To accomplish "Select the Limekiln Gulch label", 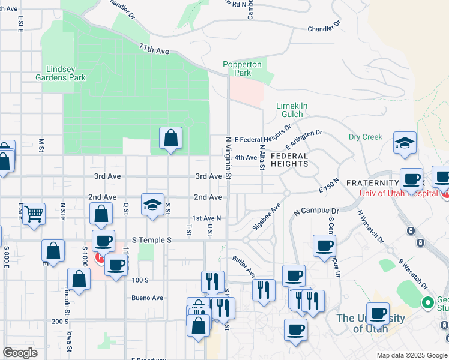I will [x=292, y=110].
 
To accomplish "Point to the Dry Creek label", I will [x=365, y=137].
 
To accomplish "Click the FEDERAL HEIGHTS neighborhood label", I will [x=289, y=160].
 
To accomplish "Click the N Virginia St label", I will [x=228, y=157].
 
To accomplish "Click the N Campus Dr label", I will [x=316, y=212].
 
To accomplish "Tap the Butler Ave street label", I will [x=244, y=263].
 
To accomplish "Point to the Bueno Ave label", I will [x=148, y=298].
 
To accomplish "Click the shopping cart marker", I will [x=34, y=212].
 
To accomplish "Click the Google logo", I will [x=20, y=353].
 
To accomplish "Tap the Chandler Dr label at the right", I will [x=324, y=28].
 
